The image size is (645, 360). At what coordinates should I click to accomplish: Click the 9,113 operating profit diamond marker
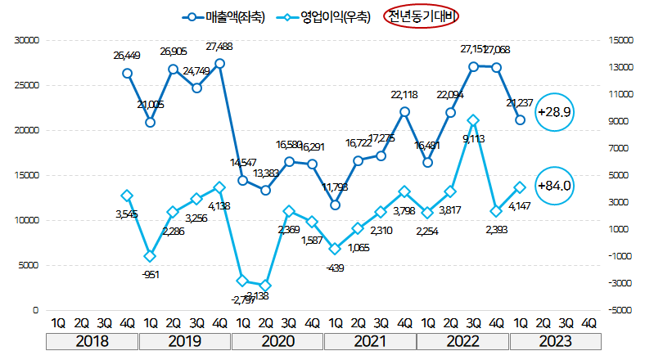pos(473,120)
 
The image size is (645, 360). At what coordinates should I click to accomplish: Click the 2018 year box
pos(92,340)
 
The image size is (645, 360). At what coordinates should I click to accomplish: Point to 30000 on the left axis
pos(28,39)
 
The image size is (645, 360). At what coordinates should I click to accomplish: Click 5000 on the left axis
pos(30,265)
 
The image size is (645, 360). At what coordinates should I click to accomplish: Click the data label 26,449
pos(128,56)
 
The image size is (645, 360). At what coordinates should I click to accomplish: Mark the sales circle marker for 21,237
pos(520,120)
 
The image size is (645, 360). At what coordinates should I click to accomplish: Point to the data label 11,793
pos(335,187)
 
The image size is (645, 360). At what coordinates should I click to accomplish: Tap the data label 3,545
pos(128,214)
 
